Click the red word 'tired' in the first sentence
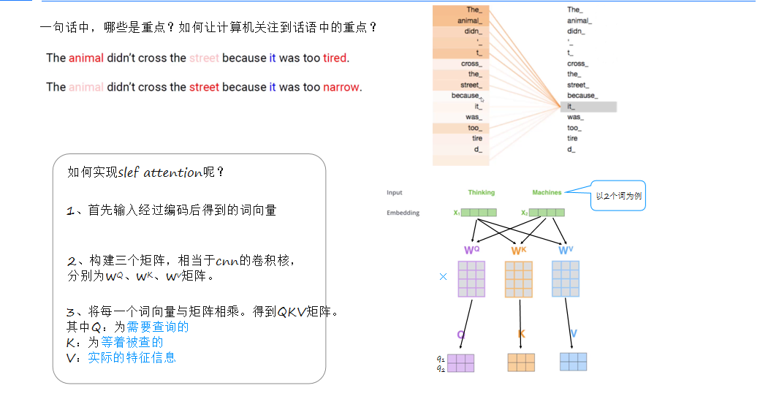335,58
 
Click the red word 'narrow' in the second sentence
341,87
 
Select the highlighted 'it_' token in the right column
588,107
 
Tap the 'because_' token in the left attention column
465,96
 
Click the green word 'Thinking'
481,192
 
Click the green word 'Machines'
547,192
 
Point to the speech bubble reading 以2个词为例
618,196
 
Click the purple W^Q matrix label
471,251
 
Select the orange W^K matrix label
518,251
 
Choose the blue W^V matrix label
565,251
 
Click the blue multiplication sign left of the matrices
443,277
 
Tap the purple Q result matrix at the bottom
460,363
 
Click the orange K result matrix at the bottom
521,362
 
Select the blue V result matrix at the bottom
573,362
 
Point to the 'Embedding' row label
403,213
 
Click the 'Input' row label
395,192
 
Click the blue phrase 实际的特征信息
132,357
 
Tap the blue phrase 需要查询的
158,327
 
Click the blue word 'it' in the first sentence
273,58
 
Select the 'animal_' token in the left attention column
469,20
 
